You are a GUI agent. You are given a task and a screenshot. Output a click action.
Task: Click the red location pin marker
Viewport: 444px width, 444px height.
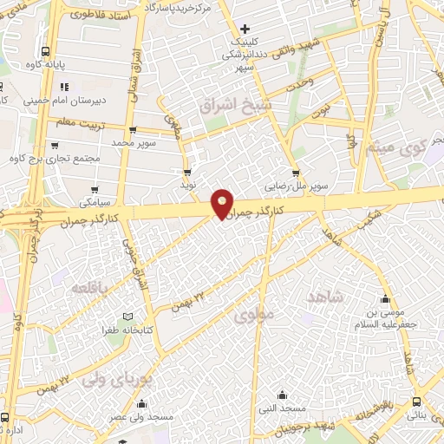coord(223,204)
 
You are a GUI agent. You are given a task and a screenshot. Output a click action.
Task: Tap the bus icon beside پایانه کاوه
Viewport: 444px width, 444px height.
coord(45,49)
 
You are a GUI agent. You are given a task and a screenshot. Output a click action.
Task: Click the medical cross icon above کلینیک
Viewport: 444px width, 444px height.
coord(246,29)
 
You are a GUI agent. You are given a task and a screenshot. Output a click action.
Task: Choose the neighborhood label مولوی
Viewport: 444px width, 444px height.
coord(254,315)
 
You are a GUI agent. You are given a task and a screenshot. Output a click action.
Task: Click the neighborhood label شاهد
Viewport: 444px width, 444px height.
coord(325,297)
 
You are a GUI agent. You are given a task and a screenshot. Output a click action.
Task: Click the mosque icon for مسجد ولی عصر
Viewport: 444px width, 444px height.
coord(141,403)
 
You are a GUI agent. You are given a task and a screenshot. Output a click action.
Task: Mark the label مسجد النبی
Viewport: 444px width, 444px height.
coord(276,407)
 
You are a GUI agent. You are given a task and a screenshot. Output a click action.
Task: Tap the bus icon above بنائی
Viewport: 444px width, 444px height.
coord(418,402)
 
